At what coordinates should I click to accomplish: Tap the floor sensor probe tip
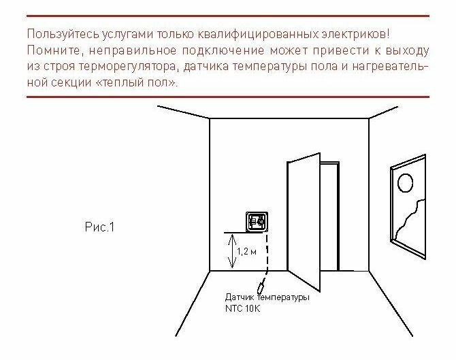point(259,284)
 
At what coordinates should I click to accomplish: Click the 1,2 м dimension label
point(246,252)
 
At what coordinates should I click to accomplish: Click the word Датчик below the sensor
point(241,298)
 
